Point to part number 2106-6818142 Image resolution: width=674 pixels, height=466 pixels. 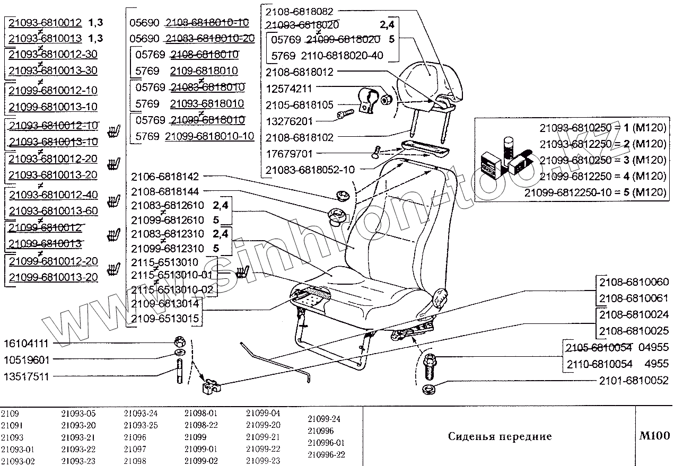(164, 176)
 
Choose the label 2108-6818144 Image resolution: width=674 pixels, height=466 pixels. (164, 191)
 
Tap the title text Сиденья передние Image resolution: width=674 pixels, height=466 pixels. (500, 437)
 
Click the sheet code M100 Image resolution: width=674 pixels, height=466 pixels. (655, 436)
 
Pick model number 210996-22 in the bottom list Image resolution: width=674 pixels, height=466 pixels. (327, 454)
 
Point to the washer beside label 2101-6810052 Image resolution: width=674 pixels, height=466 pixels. (428, 391)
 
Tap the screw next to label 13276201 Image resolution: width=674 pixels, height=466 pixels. (345, 113)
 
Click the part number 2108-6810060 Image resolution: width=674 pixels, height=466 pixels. (634, 282)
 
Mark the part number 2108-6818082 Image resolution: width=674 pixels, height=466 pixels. (299, 11)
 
